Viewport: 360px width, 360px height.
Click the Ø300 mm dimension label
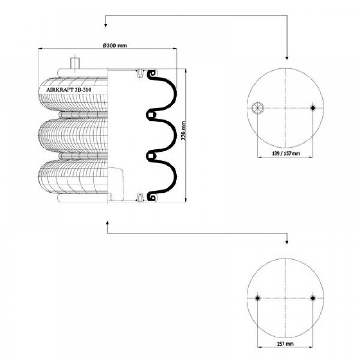(x=114, y=45)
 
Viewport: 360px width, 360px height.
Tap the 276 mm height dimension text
(x=183, y=131)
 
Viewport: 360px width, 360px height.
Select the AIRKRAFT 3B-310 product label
(x=69, y=90)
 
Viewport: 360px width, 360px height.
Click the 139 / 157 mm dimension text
(x=285, y=153)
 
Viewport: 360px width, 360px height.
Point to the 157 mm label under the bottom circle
(x=285, y=344)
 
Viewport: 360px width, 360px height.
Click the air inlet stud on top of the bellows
(x=75, y=63)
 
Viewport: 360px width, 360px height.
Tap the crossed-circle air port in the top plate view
(x=258, y=108)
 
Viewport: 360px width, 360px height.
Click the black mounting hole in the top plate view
(x=312, y=108)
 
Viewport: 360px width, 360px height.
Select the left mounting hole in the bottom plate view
(x=258, y=298)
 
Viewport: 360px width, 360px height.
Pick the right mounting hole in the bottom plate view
(x=312, y=298)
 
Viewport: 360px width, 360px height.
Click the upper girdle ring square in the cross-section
(x=150, y=115)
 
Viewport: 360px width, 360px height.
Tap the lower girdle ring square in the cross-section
(x=150, y=156)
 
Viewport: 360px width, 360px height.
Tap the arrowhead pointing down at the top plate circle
(x=287, y=58)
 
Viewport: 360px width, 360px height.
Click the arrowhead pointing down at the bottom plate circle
(x=287, y=242)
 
